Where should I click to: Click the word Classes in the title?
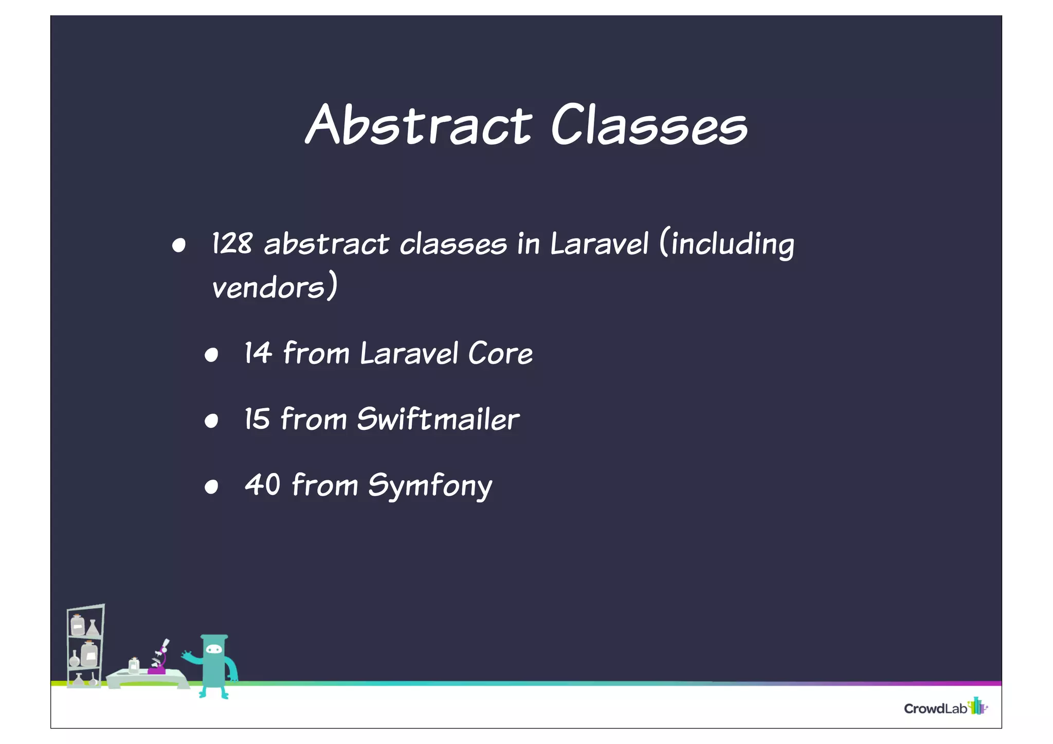(x=649, y=125)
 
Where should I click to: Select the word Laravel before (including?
(x=599, y=243)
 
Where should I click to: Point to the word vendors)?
(x=275, y=286)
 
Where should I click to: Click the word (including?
(x=727, y=243)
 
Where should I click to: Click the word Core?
(x=500, y=353)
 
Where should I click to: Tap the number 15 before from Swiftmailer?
(x=257, y=419)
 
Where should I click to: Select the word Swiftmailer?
(x=438, y=419)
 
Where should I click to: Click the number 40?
(x=262, y=484)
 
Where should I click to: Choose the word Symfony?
(x=430, y=485)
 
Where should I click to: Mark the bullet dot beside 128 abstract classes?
(x=178, y=245)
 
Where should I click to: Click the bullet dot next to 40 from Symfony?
(x=211, y=486)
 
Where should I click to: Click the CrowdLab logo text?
(x=935, y=709)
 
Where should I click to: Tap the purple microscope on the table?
(x=158, y=661)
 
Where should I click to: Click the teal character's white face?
(x=214, y=650)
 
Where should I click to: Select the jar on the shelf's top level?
(x=78, y=625)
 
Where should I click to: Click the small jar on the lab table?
(x=134, y=665)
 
